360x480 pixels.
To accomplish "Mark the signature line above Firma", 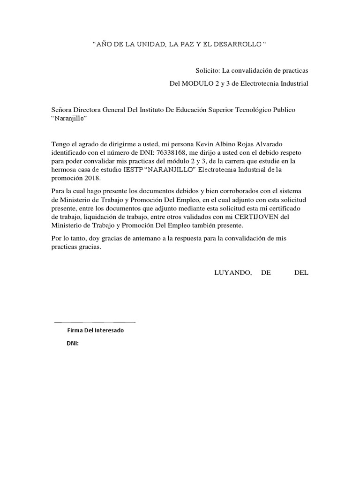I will click(95, 322).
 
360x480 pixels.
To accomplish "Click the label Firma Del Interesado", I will click(96, 330).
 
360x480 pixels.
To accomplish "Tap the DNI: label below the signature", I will click(73, 344).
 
